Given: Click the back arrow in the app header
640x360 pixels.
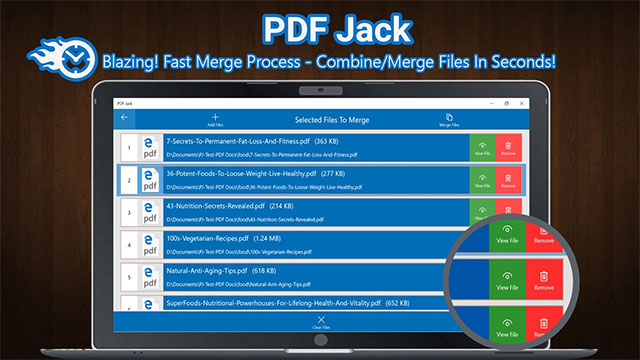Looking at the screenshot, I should point(124,117).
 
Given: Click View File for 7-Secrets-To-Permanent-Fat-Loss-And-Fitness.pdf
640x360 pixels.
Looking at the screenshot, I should point(482,149).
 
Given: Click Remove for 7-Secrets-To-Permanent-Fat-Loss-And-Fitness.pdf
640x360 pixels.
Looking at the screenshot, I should point(508,149).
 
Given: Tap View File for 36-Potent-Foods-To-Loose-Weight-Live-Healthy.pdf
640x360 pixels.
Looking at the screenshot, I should point(482,180).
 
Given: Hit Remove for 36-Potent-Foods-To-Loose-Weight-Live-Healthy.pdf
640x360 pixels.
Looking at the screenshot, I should point(508,180).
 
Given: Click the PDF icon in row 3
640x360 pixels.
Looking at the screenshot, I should point(151,212).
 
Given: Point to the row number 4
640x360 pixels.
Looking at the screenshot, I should point(127,244).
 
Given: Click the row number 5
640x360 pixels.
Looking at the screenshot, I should point(127,275).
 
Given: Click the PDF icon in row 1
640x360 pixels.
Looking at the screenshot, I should point(151,149).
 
